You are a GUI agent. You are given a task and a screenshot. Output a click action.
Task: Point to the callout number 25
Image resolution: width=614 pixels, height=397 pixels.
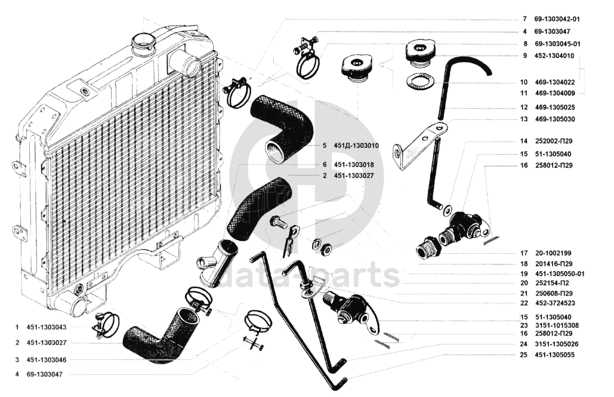pos(523,355)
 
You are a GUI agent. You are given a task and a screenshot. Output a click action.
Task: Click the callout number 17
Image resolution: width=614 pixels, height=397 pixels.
pos(523,253)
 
